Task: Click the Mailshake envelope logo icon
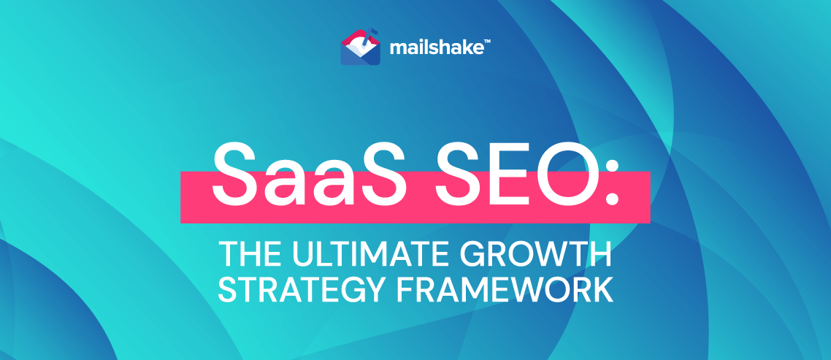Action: [x=361, y=48]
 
